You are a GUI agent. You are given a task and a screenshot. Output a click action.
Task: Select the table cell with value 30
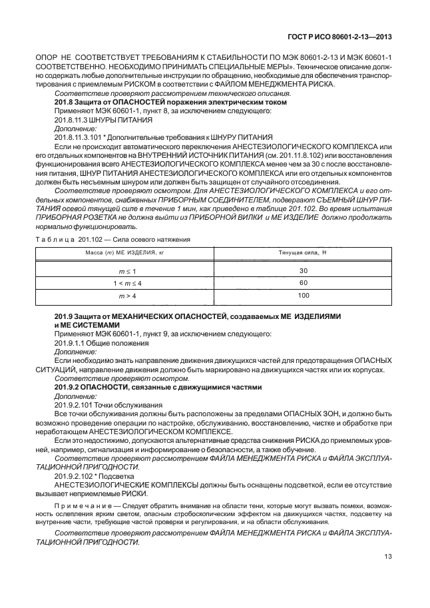coord(304,271)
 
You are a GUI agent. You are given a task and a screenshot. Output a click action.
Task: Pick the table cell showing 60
coord(304,283)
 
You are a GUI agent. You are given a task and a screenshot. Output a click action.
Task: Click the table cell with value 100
coord(304,295)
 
